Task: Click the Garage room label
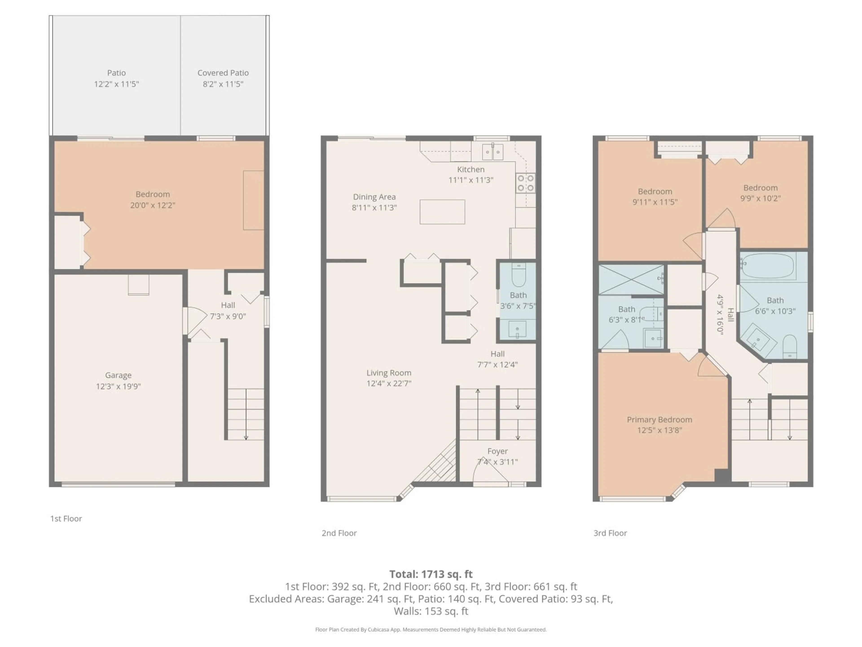118,375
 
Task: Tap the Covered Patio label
223,73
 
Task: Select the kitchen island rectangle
442,212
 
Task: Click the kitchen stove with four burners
525,183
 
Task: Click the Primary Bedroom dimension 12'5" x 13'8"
659,430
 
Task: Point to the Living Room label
389,373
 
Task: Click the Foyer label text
497,451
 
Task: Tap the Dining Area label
374,197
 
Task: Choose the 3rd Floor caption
610,533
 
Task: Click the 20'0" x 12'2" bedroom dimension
152,205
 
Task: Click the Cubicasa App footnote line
431,629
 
